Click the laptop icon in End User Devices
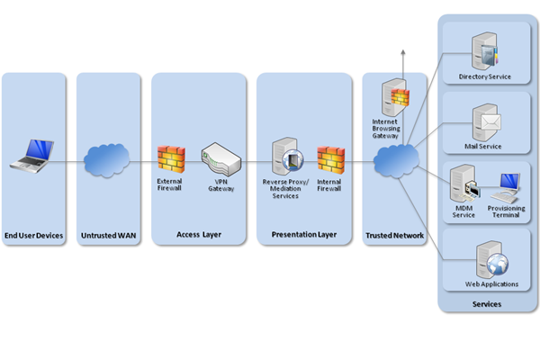coord(32,155)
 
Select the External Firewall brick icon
coord(170,158)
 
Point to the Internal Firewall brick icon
coord(330,158)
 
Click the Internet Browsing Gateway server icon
coord(392,97)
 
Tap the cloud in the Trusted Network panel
coord(393,162)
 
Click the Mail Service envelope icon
coord(486,121)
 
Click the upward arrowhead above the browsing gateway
coord(402,53)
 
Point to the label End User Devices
coord(33,236)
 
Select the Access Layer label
coord(198,236)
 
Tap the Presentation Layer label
coord(303,236)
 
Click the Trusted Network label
coord(393,236)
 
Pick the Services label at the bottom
coord(487,304)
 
